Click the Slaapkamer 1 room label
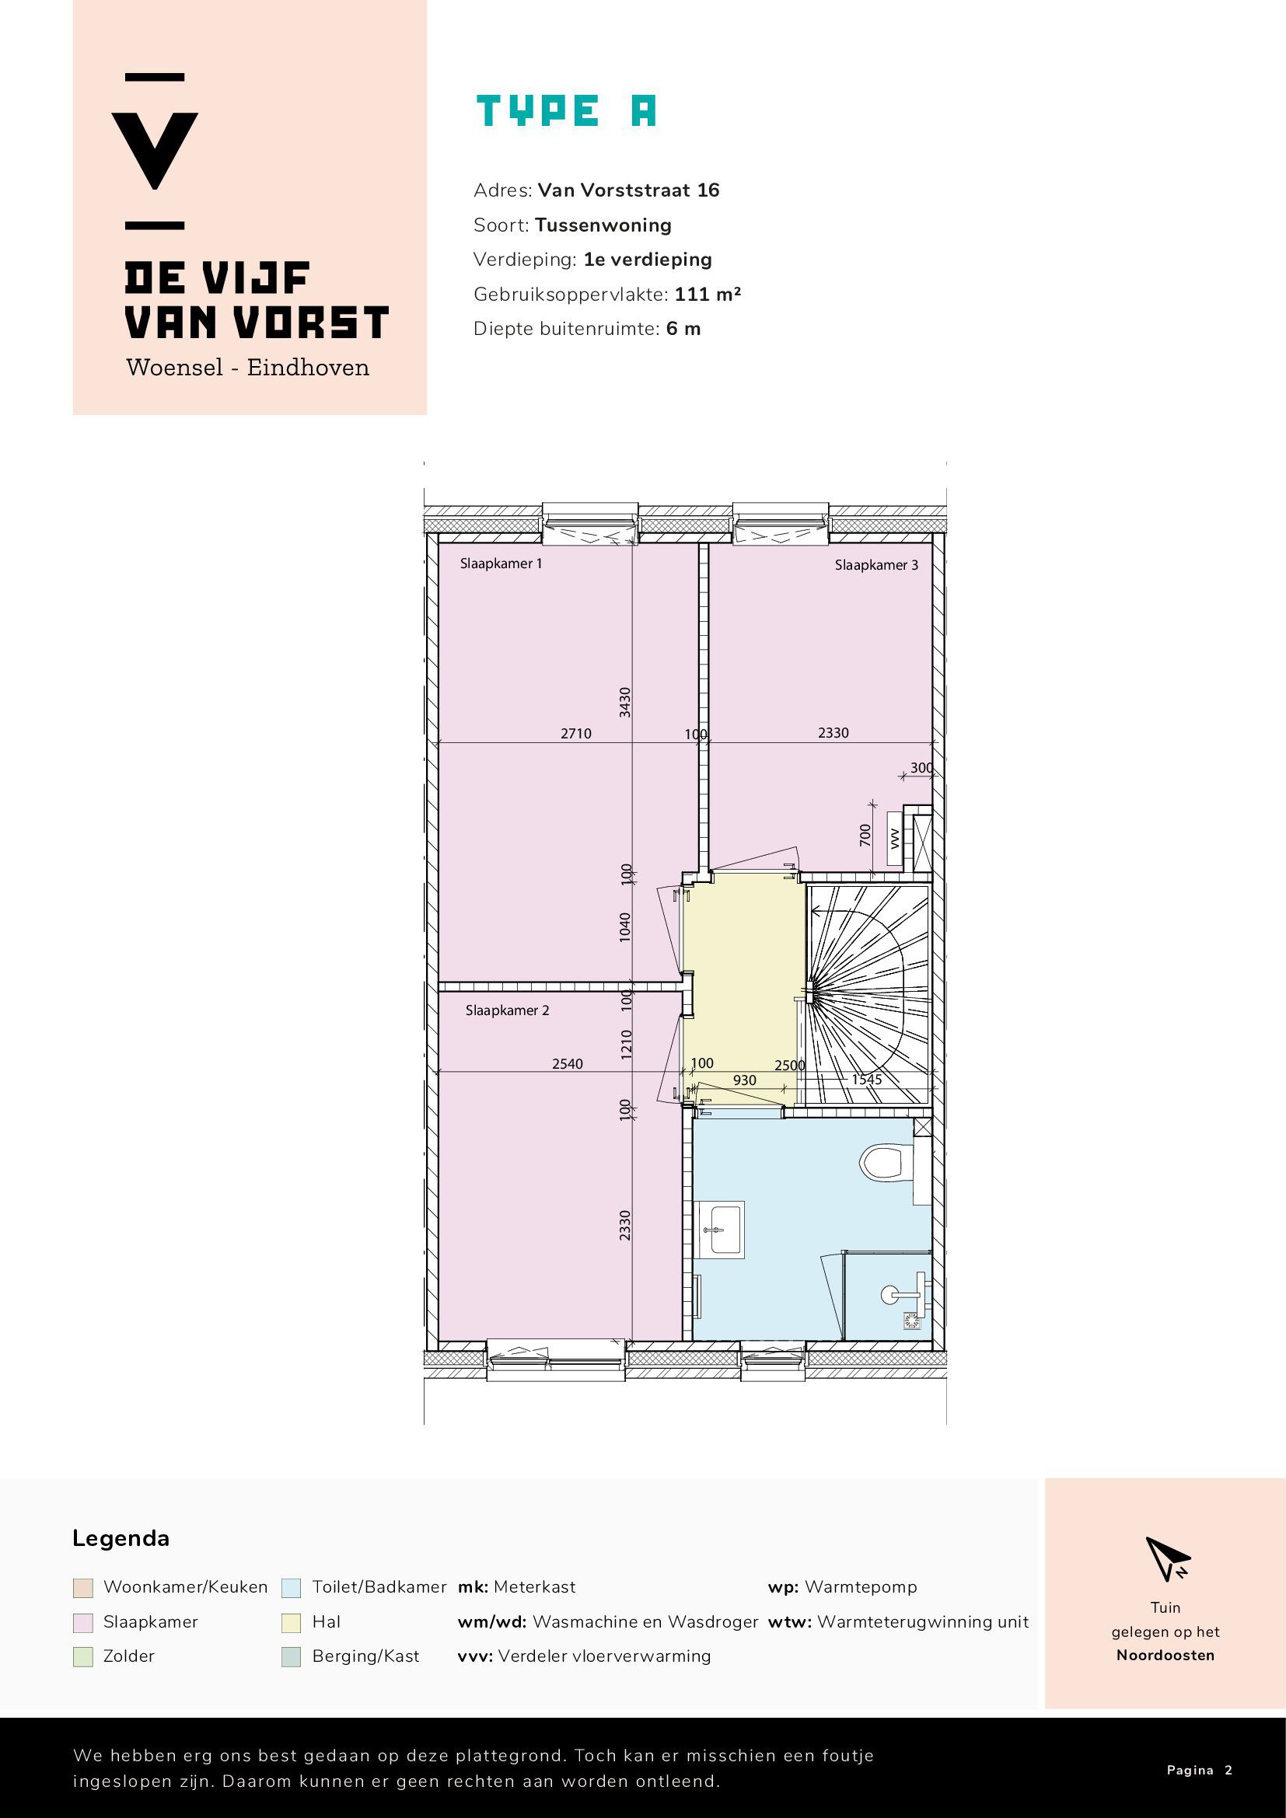pos(501,564)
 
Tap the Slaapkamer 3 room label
pos(876,565)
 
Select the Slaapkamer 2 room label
pos(507,1010)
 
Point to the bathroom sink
pos(721,1230)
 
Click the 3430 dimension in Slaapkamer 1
pos(625,703)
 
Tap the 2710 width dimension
pos(575,734)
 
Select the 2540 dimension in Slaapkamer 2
pos(567,1064)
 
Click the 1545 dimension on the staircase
pos(866,1080)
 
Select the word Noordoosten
pos(1165,1656)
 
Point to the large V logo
pos(155,152)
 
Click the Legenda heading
pos(121,1538)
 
